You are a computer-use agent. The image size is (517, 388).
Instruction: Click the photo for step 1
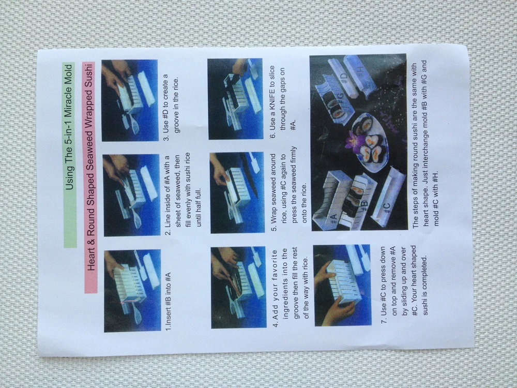[x=132, y=291]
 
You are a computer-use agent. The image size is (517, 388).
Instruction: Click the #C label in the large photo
[x=386, y=208]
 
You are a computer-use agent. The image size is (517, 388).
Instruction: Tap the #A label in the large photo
[x=333, y=219]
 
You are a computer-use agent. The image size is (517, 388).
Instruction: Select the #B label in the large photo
[x=363, y=206]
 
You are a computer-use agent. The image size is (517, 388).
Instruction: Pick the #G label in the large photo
[x=340, y=99]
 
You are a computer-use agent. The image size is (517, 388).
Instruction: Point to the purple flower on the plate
[x=353, y=142]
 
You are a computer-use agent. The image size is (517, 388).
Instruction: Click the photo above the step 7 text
[x=342, y=286]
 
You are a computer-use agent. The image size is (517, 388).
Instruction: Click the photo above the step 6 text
[x=235, y=99]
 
